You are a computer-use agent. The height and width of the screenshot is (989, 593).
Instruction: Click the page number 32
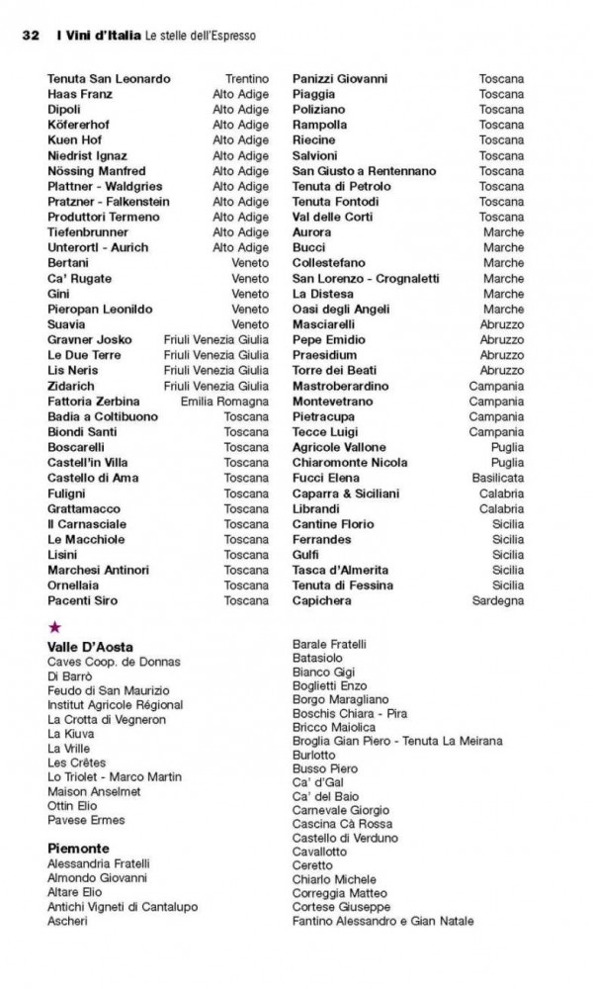[30, 36]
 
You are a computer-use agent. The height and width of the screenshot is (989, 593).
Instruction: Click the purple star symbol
[54, 626]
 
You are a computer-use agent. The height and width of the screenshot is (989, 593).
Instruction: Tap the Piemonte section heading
[78, 849]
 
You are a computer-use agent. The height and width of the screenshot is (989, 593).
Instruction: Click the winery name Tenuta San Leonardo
[109, 78]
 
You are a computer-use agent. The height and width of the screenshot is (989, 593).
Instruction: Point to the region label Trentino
[246, 78]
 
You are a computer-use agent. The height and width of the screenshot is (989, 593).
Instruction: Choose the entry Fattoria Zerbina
[93, 402]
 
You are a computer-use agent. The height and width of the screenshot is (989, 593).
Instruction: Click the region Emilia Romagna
[224, 402]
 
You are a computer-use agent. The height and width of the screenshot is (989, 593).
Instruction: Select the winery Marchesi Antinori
[98, 570]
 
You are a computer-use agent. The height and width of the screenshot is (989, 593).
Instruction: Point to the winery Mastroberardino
[341, 386]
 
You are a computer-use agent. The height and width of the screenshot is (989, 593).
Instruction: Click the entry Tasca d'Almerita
[340, 570]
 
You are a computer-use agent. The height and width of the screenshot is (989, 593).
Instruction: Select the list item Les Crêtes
[75, 763]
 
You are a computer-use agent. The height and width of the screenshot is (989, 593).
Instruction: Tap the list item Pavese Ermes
[86, 820]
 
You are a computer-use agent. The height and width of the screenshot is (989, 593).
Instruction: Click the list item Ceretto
[312, 865]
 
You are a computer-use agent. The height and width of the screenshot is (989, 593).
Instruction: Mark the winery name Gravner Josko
[89, 339]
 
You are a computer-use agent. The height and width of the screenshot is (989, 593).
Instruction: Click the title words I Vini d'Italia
[98, 36]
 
